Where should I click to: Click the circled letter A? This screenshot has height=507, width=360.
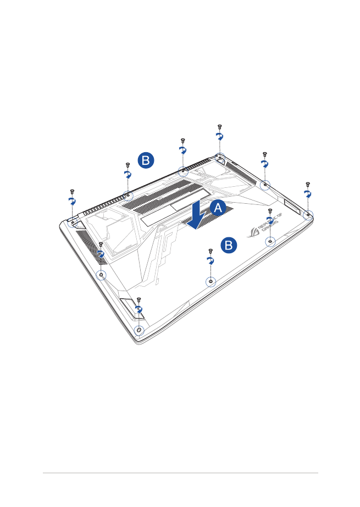click(218, 208)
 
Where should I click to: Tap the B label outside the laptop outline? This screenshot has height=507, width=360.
click(146, 160)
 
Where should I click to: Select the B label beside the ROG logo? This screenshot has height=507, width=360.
click(230, 246)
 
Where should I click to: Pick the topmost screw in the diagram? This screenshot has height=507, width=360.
click(219, 127)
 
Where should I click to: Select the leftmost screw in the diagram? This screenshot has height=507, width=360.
click(72, 192)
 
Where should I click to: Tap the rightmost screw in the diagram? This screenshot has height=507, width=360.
click(308, 185)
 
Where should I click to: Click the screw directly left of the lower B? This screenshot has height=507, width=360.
click(211, 251)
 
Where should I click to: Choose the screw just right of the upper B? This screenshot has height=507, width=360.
click(182, 141)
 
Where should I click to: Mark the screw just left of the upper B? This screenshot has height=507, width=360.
click(128, 164)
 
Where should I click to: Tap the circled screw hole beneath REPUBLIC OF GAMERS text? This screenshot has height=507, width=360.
click(270, 242)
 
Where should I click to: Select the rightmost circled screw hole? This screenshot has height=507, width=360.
click(308, 215)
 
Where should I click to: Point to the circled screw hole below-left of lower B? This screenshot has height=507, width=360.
click(211, 281)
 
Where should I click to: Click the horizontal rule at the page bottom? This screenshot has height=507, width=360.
click(180, 473)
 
